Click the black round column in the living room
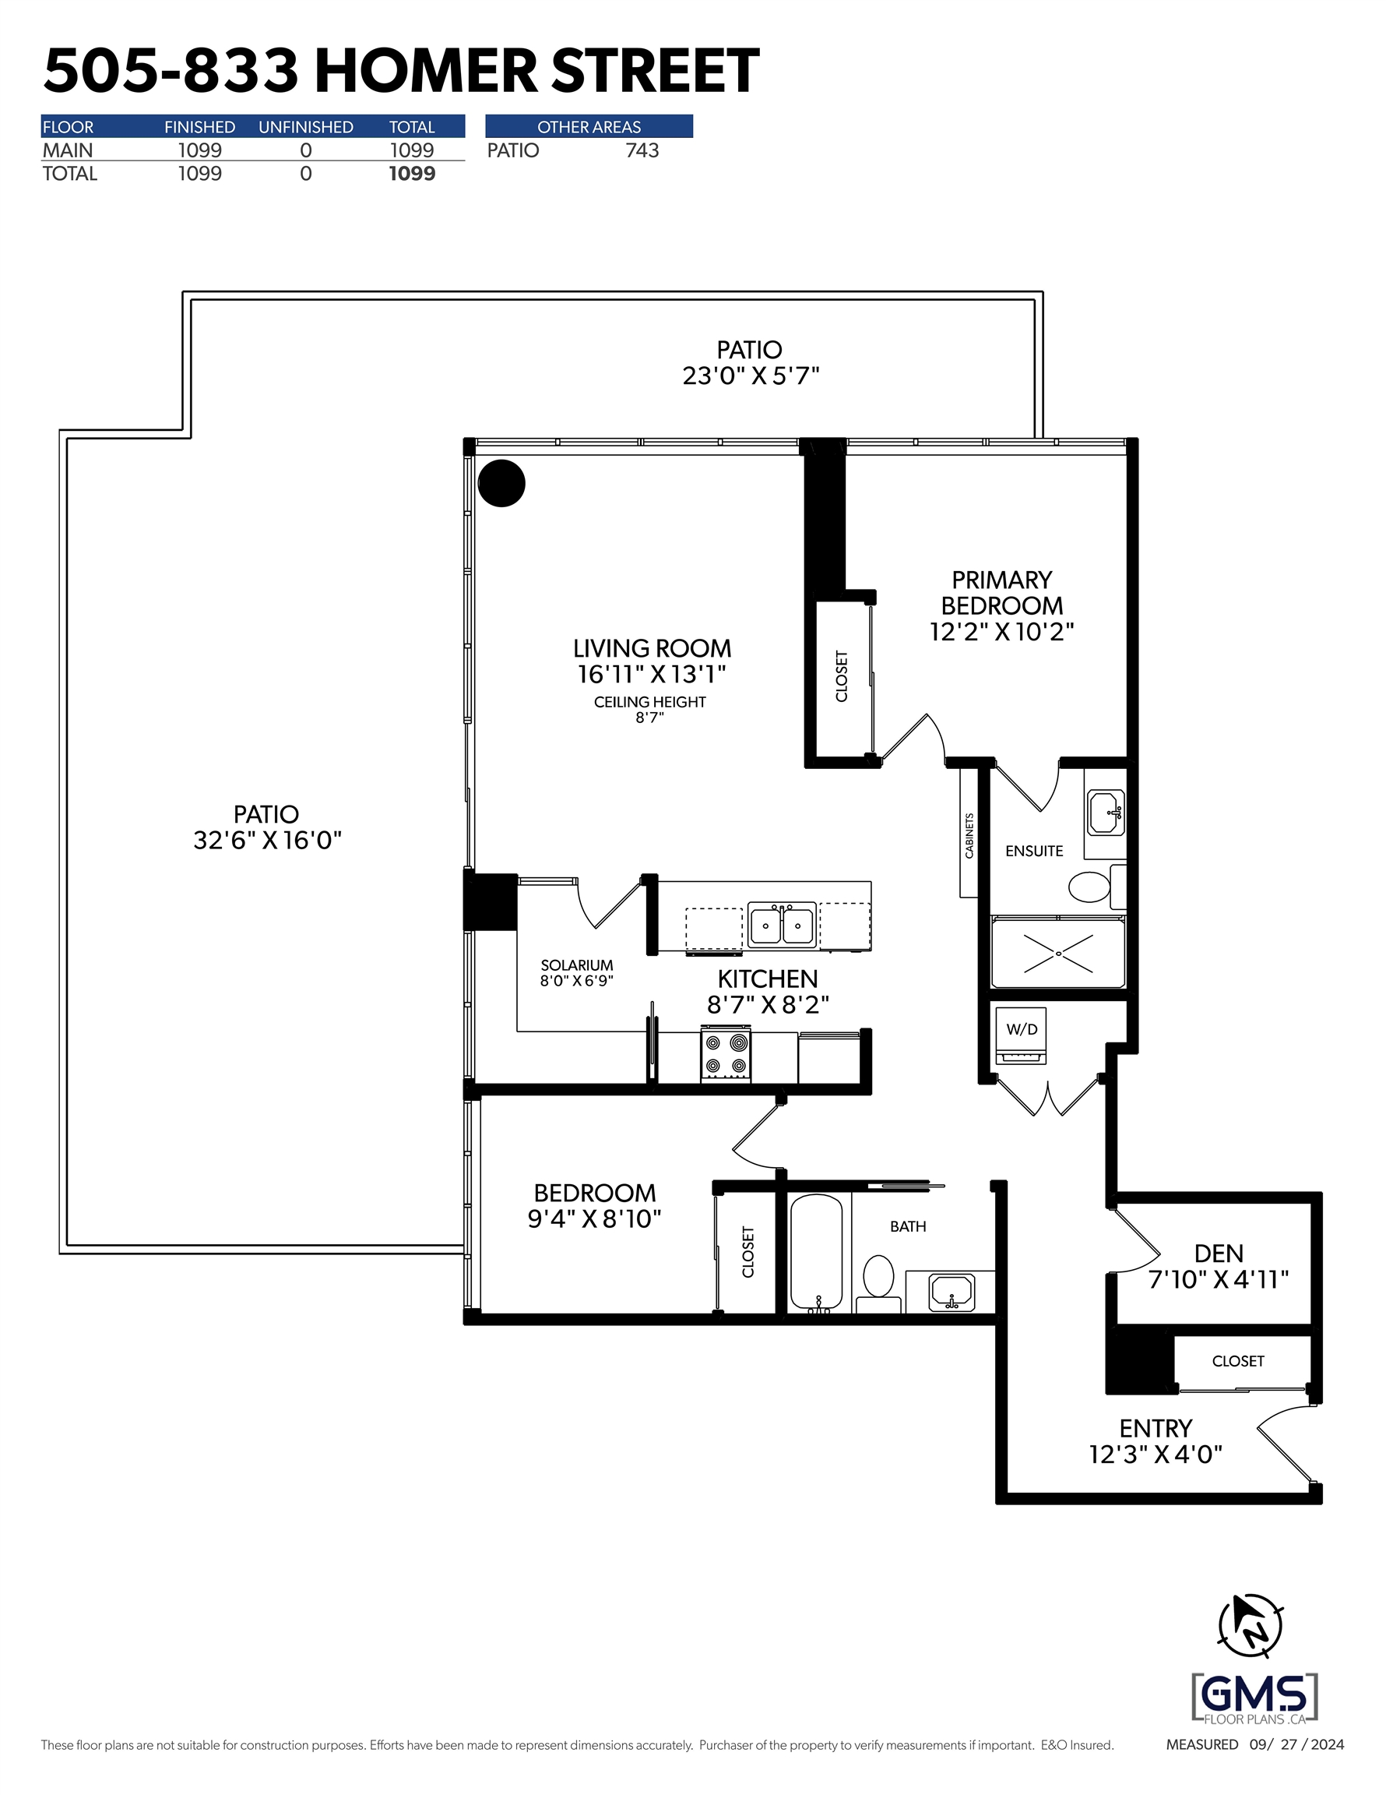pos(501,483)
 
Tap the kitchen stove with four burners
pos(726,1054)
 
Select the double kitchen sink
pos(782,926)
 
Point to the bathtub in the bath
pos(816,1254)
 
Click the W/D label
pos(1022,1029)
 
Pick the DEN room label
pos(1219,1254)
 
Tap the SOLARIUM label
pos(577,965)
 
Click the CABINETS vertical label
pos(969,836)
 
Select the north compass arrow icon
pos(1250,1625)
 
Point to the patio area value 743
pos(642,150)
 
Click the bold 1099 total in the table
pos(412,174)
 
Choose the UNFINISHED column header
pos(306,126)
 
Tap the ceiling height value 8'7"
pos(649,718)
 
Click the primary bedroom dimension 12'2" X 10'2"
pos(1001,631)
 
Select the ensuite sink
pos(1106,813)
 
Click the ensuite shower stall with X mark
pos(1058,954)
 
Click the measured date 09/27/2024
pos(1296,1744)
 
